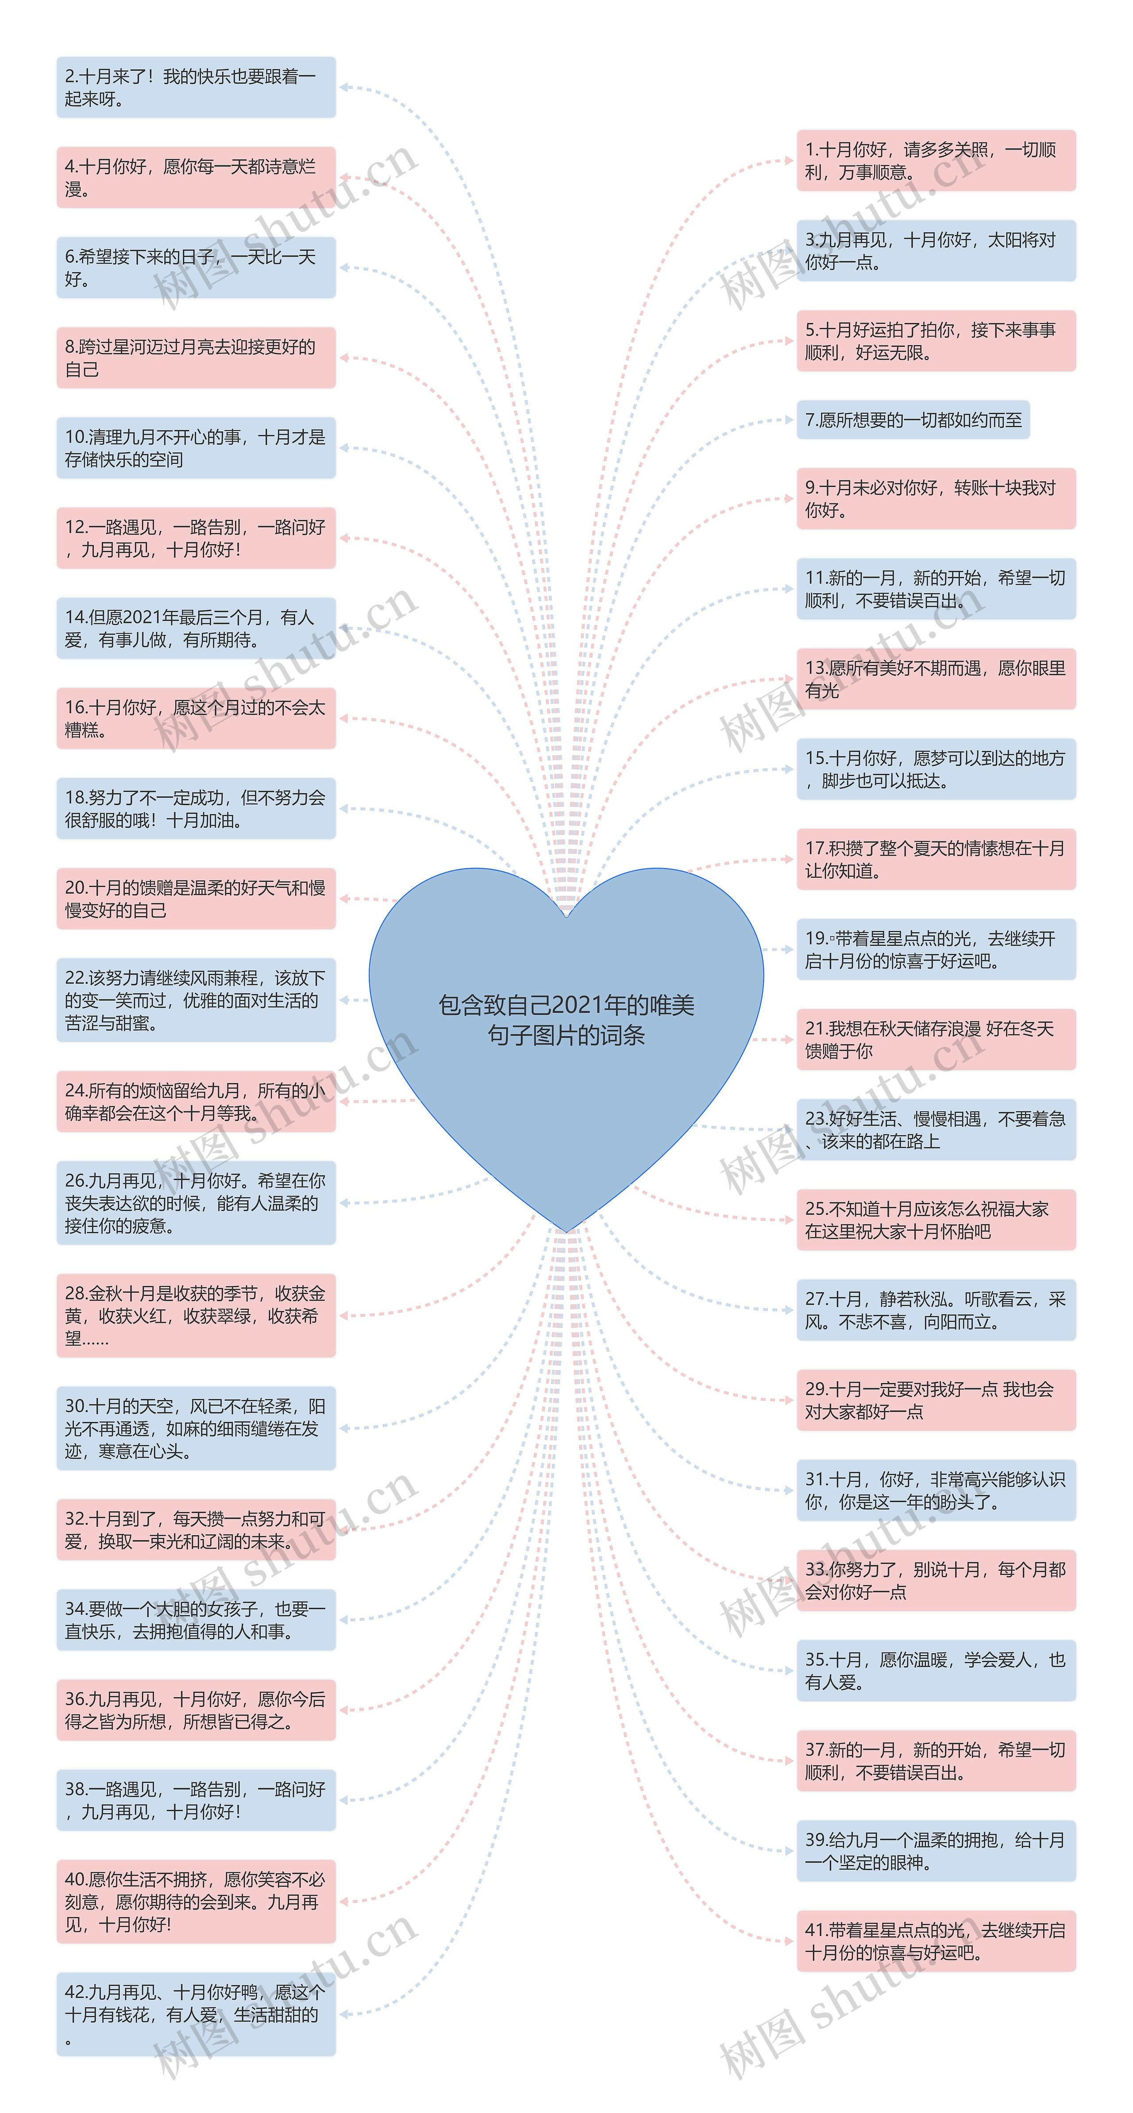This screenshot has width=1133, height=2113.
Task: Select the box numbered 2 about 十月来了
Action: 196,88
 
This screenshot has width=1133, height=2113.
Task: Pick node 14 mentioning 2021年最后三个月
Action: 196,628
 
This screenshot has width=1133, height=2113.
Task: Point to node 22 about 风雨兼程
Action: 196,1000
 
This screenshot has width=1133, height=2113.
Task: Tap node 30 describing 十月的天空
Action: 196,1428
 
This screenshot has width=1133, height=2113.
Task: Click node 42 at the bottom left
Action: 196,2015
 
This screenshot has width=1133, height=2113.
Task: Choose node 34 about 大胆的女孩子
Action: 196,1620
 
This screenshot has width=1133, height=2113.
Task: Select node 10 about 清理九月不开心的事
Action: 196,448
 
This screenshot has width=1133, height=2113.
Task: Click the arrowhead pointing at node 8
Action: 345,357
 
